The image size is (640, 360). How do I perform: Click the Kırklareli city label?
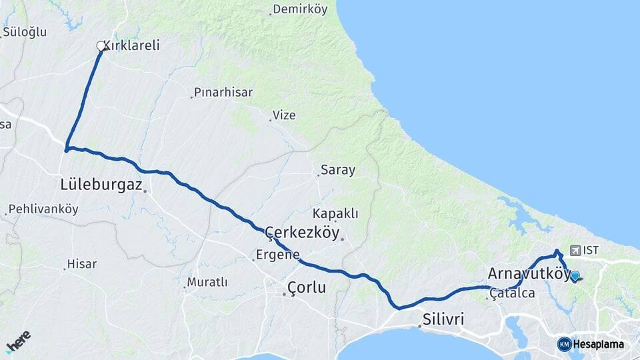[x=131, y=46]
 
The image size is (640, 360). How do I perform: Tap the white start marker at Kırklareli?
[x=101, y=46]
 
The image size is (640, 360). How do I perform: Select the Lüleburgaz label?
[x=101, y=185]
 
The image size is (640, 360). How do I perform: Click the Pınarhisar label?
[x=223, y=93]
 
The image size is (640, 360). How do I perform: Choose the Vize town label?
[x=284, y=115]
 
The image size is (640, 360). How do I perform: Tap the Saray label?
[x=338, y=170]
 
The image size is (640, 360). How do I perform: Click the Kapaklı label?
[x=335, y=214]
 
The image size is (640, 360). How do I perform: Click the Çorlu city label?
[x=307, y=288]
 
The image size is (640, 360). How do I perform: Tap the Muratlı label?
[x=207, y=283]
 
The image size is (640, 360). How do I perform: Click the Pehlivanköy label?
[x=44, y=209]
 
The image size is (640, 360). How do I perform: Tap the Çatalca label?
[x=513, y=293]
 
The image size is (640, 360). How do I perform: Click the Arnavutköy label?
[x=527, y=274]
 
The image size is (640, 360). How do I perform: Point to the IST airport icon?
[x=575, y=251]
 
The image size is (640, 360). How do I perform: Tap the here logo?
[x=18, y=341]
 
